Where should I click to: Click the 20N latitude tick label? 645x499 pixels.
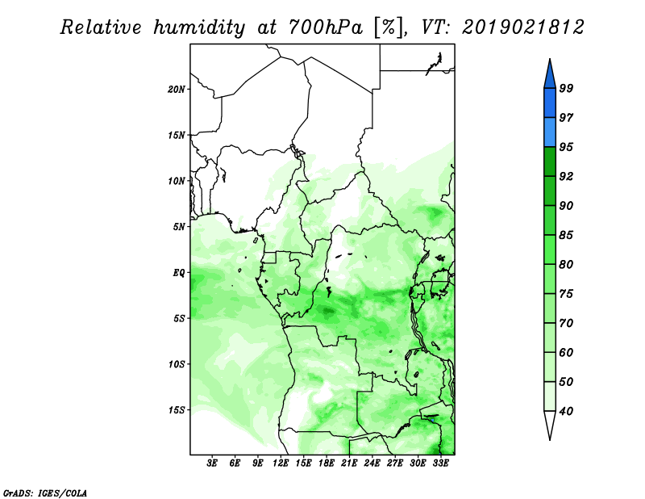click(177, 90)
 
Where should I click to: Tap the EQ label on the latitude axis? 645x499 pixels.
click(179, 273)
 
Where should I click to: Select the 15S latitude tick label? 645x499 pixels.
click(177, 410)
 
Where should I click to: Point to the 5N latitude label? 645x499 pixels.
click(179, 227)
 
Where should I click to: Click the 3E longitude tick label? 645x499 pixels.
click(212, 463)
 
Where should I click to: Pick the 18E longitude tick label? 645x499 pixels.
click(327, 463)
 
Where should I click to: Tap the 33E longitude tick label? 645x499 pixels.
click(440, 463)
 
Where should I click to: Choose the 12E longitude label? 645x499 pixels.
click(281, 463)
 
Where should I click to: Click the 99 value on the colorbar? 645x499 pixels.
click(566, 88)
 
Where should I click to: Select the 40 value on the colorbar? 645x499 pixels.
click(566, 411)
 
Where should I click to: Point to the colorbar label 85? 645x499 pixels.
click(566, 235)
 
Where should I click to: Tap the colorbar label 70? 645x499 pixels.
click(566, 323)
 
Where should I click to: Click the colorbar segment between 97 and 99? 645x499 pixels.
click(550, 103)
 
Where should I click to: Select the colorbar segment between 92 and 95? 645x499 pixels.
click(550, 162)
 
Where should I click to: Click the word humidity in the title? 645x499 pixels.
click(199, 27)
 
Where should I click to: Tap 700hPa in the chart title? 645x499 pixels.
click(326, 27)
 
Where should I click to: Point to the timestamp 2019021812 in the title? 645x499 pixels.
click(522, 27)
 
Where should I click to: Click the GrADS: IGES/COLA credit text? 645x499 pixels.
click(45, 493)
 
